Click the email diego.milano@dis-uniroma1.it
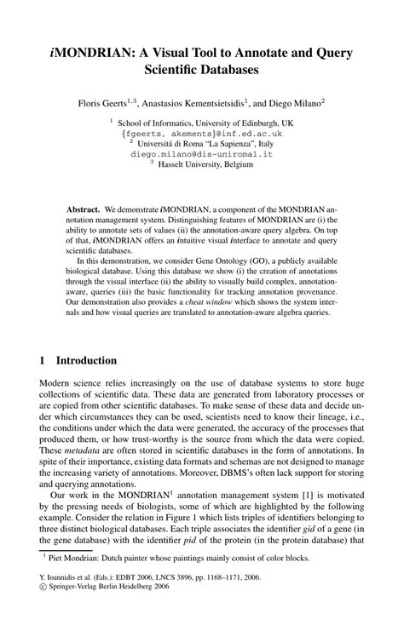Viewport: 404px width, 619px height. [x=201, y=154]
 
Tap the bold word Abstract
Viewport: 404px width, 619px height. [x=84, y=208]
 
